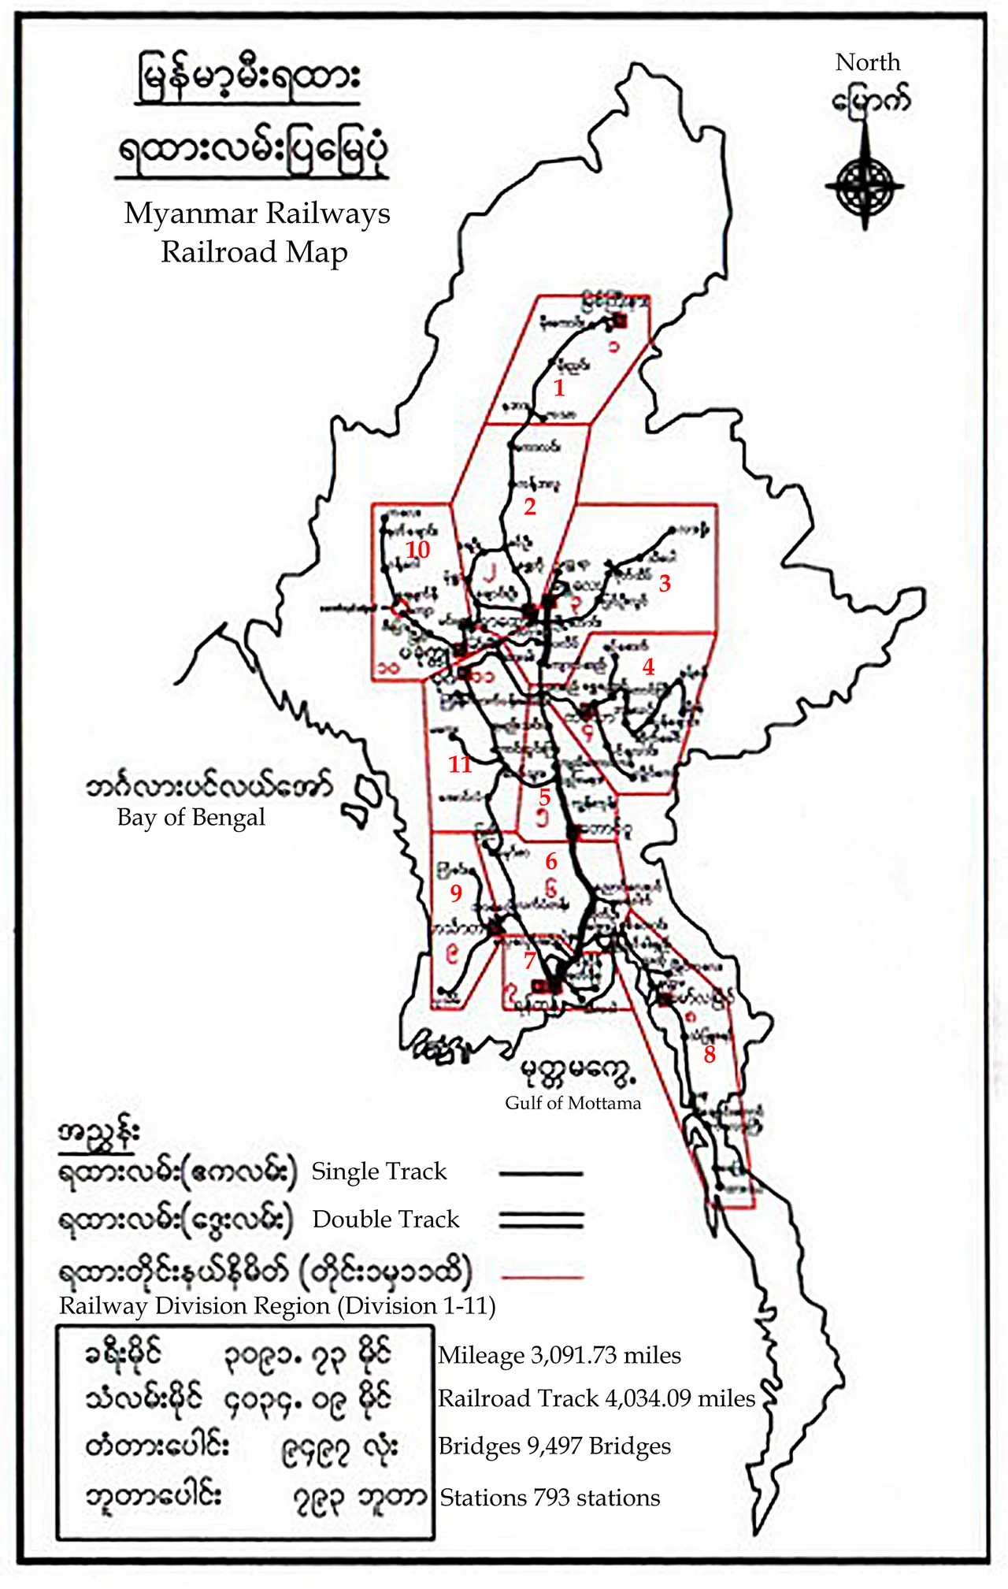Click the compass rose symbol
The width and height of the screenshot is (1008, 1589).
(x=865, y=187)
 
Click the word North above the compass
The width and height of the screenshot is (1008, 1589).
(x=867, y=62)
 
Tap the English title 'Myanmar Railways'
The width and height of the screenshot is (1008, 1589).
(x=257, y=213)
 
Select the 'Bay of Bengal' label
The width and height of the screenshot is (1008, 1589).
(x=191, y=817)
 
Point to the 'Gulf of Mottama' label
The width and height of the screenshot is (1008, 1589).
(x=573, y=1102)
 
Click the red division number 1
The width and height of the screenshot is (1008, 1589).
(x=559, y=388)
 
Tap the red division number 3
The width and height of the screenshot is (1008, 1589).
(x=665, y=584)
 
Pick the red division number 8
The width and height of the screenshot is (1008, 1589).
(x=710, y=1055)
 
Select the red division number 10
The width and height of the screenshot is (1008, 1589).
(x=417, y=550)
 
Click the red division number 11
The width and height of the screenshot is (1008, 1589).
(x=460, y=763)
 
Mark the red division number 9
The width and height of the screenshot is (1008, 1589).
(x=455, y=893)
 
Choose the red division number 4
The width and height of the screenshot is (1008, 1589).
(x=648, y=667)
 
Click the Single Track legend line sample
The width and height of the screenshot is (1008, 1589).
(x=541, y=1173)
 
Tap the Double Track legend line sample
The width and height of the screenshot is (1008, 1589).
(x=541, y=1220)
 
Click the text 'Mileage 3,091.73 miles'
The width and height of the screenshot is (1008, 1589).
(x=559, y=1355)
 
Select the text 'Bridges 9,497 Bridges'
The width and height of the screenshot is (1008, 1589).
(x=554, y=1446)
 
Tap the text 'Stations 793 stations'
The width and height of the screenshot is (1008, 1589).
(x=550, y=1497)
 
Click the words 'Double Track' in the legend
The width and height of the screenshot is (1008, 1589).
(x=385, y=1220)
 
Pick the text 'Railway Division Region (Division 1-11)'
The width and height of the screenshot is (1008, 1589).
(x=277, y=1306)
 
